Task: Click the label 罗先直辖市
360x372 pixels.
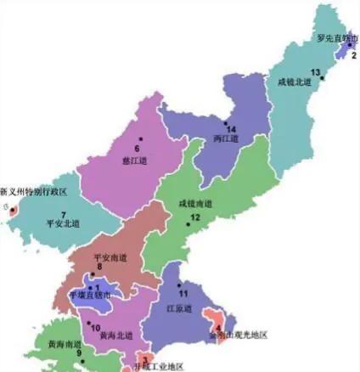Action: pyautogui.click(x=336, y=38)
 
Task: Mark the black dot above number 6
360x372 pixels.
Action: pyautogui.click(x=141, y=138)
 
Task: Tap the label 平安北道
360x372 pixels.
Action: pyautogui.click(x=63, y=223)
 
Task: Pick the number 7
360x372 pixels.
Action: pyautogui.click(x=63, y=214)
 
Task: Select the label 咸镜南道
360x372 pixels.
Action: pyautogui.click(x=195, y=204)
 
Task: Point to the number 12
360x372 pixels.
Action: pyautogui.click(x=194, y=217)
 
